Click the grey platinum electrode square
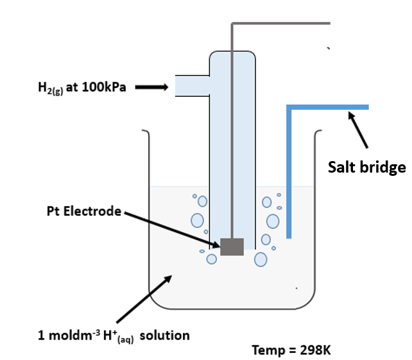point(232,246)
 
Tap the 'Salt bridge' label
point(366,167)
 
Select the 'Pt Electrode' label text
point(84,210)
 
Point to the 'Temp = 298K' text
point(291,350)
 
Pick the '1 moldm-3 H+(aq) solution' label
point(114,336)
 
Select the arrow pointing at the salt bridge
point(357,131)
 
